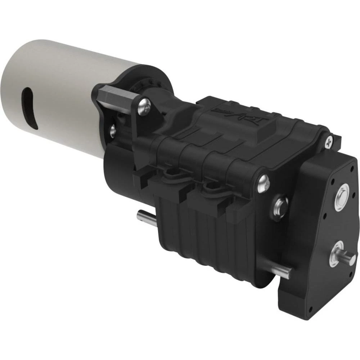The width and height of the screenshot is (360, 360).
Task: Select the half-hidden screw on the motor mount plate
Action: (113, 129)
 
